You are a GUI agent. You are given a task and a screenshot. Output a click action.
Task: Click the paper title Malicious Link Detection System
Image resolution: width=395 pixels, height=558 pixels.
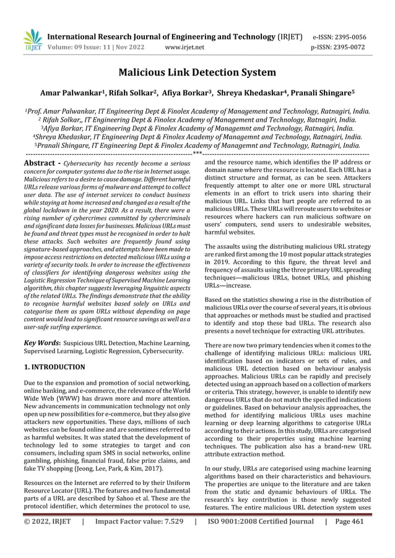tap(197, 73)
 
